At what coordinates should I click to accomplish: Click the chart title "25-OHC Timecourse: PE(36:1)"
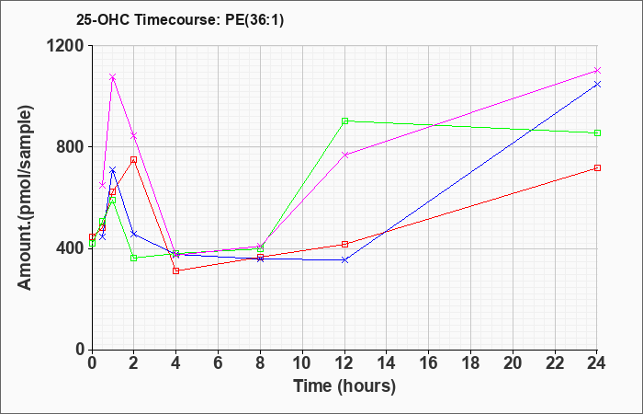180,19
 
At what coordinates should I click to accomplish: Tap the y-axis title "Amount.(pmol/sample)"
26,198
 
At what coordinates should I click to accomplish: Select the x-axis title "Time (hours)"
344,386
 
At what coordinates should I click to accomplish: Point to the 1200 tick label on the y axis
65,46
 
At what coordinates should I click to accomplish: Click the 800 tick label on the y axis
70,147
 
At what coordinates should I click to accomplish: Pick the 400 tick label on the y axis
70,248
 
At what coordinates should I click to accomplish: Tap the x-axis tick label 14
387,362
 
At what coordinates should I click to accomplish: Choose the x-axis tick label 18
470,362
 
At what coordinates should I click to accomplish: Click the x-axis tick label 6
219,362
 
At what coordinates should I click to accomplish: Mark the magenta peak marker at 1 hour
113,76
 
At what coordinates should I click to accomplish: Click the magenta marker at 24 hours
597,71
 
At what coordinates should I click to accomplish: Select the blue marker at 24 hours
597,85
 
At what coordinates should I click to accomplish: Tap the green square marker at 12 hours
344,121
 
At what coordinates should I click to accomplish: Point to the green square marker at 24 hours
597,133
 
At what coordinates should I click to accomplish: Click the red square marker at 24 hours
597,168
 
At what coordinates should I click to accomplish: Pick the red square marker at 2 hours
134,160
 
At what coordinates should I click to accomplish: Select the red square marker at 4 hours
176,270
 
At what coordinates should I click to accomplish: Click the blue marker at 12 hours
344,260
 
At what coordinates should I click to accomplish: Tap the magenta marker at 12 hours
344,155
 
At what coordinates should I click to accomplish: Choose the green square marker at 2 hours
134,258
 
